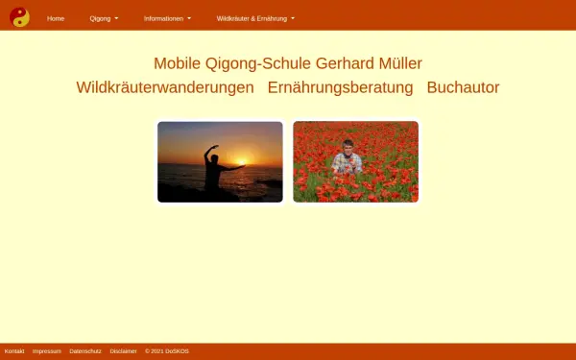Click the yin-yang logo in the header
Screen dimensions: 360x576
[x=19, y=17]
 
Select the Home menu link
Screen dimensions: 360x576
[x=56, y=18]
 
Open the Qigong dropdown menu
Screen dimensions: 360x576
[x=104, y=18]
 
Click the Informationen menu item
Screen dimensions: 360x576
[x=167, y=18]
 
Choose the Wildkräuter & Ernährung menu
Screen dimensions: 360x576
[x=255, y=18]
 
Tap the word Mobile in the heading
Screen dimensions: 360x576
[x=178, y=63]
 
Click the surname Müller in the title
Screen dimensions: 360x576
[x=400, y=63]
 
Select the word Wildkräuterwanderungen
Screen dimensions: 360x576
[x=165, y=87]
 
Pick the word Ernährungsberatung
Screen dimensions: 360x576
[x=340, y=87]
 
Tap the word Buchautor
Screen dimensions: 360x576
[x=463, y=87]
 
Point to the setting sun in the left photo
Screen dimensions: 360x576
[x=242, y=162]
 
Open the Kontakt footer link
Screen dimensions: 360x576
[x=14, y=351]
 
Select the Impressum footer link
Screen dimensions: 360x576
[x=47, y=351]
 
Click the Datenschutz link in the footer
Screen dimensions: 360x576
[x=85, y=351]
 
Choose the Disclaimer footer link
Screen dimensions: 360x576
[x=124, y=351]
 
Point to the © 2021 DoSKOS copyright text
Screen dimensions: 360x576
[x=167, y=351]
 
